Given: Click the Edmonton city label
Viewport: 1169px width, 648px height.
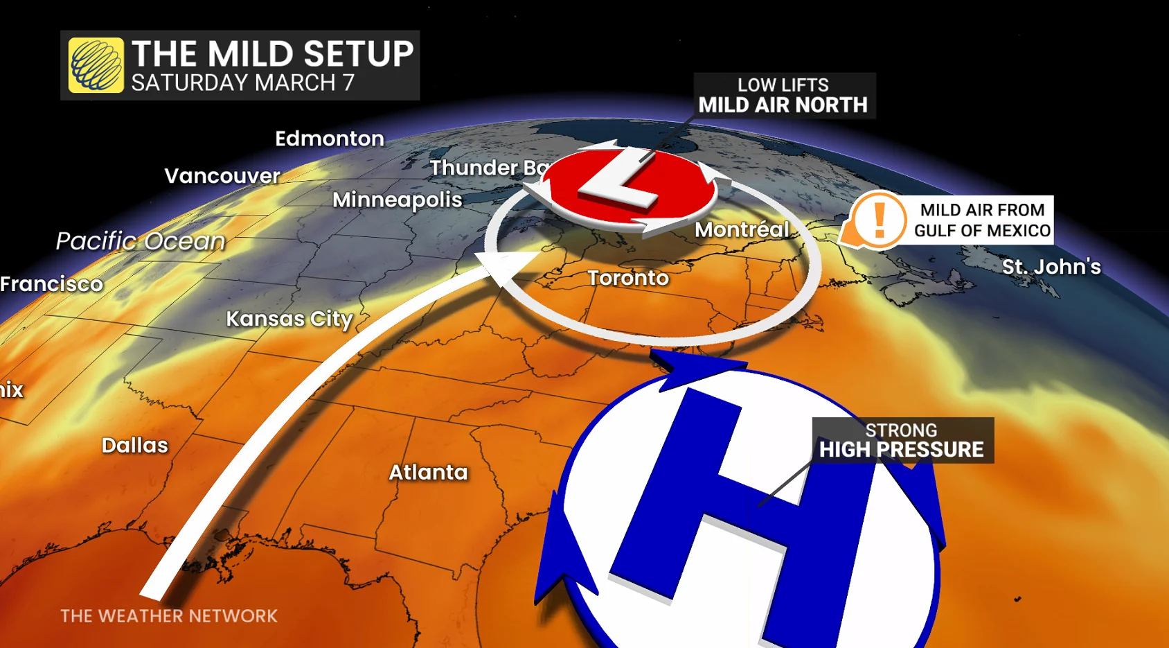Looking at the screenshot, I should (x=330, y=139).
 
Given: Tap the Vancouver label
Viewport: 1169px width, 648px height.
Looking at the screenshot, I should (x=222, y=176).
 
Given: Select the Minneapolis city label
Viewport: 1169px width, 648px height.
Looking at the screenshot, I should (x=398, y=200).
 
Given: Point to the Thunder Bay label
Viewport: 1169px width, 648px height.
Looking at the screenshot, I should (x=489, y=168).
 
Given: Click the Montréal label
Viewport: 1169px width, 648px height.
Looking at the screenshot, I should (x=742, y=229).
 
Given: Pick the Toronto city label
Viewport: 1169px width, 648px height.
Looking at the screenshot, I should (x=628, y=278).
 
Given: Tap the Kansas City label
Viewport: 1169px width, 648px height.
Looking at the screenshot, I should (x=289, y=319).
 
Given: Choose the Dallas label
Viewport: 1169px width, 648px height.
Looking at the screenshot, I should (x=135, y=445).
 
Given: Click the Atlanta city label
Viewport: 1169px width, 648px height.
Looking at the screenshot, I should (x=428, y=472).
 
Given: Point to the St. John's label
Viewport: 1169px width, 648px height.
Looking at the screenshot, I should (x=1051, y=267).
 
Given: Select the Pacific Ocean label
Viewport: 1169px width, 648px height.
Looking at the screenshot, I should (x=141, y=241).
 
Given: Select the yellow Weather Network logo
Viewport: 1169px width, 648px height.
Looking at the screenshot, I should (x=96, y=65).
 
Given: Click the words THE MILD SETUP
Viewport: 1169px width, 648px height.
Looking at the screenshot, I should (x=272, y=54).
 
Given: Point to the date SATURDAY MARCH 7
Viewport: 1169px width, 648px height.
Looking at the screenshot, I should (x=243, y=83).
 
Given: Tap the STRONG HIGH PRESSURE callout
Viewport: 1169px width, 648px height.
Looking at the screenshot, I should (x=902, y=440).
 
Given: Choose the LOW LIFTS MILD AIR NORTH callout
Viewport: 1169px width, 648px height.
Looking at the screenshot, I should (x=783, y=96).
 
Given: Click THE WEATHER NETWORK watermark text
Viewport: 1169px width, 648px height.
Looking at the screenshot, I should (x=169, y=616).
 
